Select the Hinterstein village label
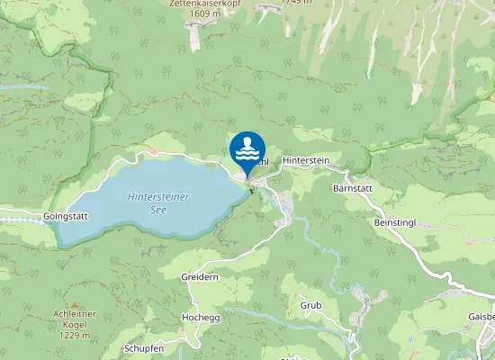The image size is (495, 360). coord(306,159)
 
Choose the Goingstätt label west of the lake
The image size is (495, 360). coord(64,217)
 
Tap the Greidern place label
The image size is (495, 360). coord(200,277)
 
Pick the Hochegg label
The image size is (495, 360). coord(200,318)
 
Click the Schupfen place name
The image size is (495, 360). coord(144,348)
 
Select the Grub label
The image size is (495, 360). coord(310,306)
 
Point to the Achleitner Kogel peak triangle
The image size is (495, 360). coord(75,305)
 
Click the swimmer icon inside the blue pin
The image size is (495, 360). coord(247,148)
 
